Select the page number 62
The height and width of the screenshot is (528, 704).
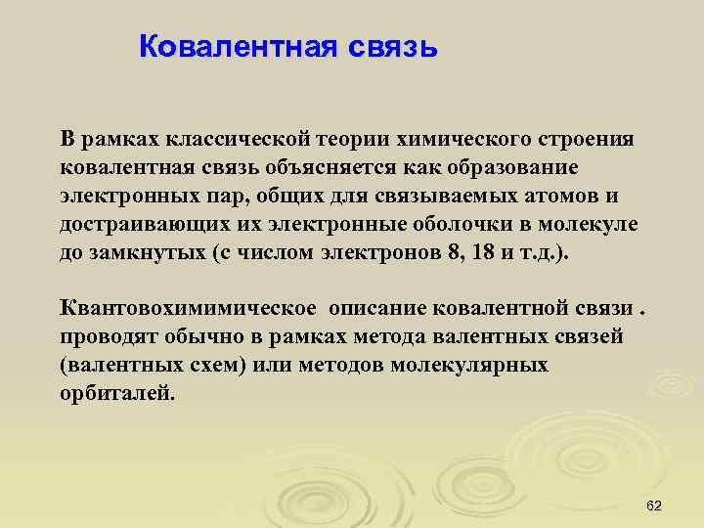coord(655,505)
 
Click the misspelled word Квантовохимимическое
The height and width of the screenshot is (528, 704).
coord(188,309)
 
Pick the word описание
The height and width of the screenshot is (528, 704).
coord(375,309)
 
